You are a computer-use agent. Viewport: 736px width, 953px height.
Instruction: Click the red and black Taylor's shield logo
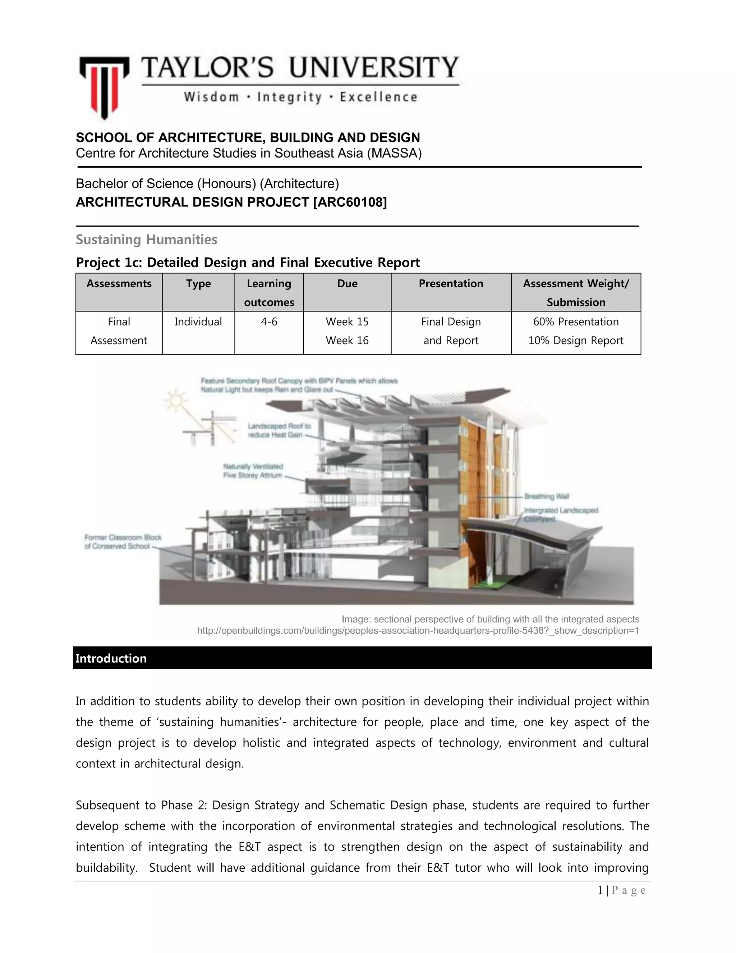click(x=104, y=86)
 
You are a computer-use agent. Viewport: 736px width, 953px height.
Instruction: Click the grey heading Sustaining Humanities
click(x=147, y=240)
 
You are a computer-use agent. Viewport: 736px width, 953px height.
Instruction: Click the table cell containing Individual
click(x=198, y=322)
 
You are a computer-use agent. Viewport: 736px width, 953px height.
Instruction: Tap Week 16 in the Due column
click(x=347, y=340)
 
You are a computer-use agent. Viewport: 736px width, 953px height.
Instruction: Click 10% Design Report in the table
click(x=576, y=340)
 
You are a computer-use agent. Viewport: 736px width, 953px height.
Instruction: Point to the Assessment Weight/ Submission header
click(x=576, y=292)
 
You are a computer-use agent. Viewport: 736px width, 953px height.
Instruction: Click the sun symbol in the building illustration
click(x=176, y=400)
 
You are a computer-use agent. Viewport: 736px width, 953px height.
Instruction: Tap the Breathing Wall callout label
click(x=546, y=496)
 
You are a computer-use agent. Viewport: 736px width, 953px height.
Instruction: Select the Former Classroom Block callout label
click(x=123, y=542)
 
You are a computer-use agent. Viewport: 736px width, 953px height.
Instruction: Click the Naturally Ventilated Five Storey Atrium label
click(x=253, y=471)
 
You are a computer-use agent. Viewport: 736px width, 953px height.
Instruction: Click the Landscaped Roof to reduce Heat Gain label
click(x=279, y=430)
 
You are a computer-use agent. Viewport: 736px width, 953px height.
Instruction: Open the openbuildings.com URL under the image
click(x=418, y=630)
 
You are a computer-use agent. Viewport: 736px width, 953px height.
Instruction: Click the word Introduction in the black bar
click(x=111, y=658)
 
